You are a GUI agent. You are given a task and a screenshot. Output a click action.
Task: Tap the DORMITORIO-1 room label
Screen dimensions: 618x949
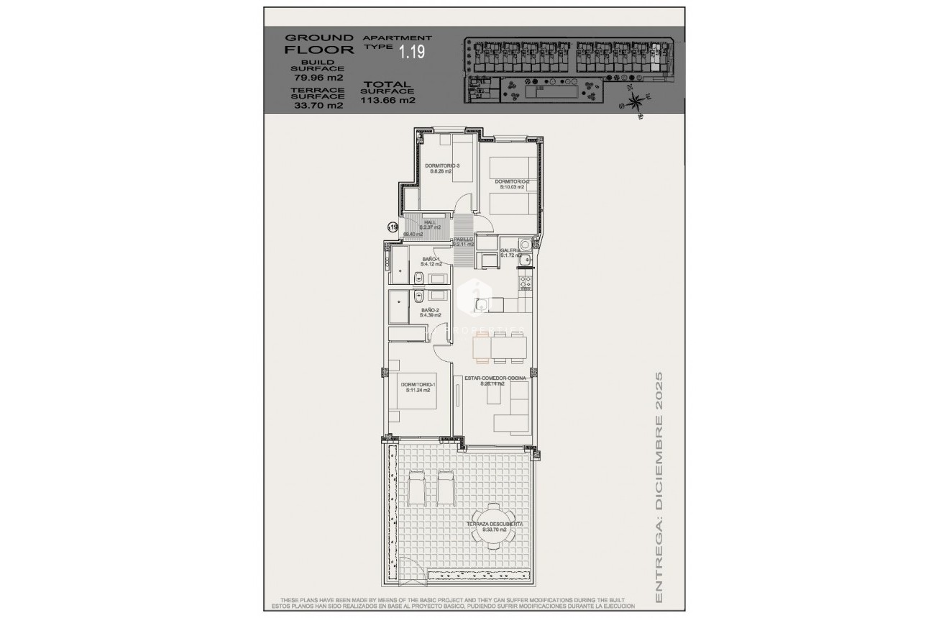pyautogui.click(x=418, y=388)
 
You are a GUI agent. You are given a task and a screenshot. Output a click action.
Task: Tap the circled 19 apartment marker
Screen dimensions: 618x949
pyautogui.click(x=393, y=227)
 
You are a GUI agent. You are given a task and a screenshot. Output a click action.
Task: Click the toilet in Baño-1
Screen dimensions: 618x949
pyautogui.click(x=418, y=278)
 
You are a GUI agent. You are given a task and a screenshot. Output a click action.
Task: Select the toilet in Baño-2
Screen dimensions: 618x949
pyautogui.click(x=418, y=296)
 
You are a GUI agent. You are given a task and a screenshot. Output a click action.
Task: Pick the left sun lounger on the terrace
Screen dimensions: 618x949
pyautogui.click(x=417, y=486)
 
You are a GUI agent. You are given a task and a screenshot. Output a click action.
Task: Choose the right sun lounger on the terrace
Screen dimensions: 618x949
pyautogui.click(x=445, y=486)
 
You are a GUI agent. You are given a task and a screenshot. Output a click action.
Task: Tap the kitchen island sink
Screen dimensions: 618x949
pyautogui.click(x=481, y=306)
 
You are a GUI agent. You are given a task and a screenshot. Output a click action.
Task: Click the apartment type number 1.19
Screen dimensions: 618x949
pyautogui.click(x=413, y=52)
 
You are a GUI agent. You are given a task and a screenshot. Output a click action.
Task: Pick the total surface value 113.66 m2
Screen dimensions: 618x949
pyautogui.click(x=388, y=100)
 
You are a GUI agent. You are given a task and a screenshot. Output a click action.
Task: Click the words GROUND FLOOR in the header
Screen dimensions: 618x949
pyautogui.click(x=319, y=44)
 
